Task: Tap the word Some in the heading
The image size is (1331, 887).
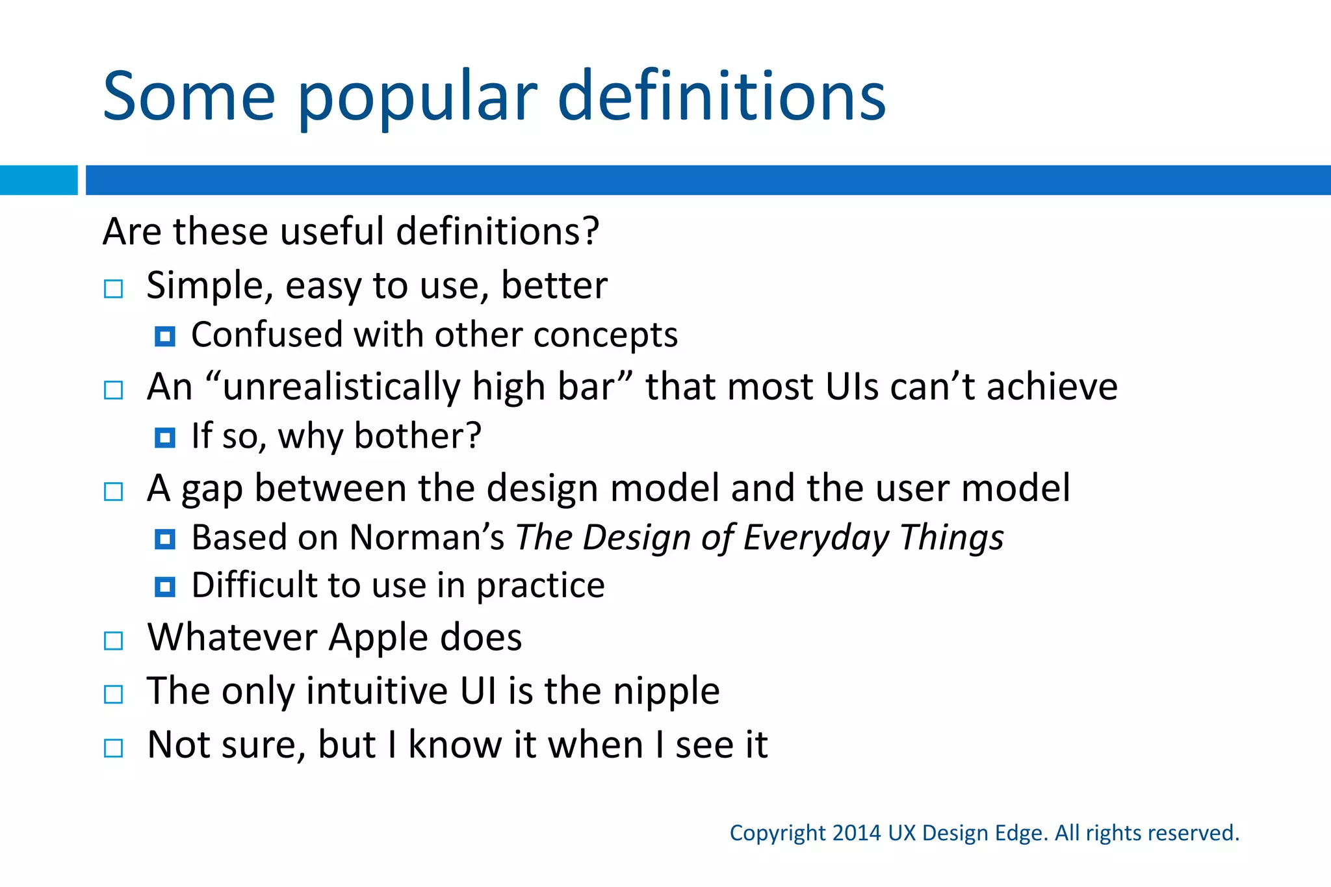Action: click(x=189, y=97)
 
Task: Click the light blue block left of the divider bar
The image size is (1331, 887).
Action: click(x=38, y=180)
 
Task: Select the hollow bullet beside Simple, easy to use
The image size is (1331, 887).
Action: click(x=114, y=289)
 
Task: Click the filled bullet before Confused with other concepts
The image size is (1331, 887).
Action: click(x=165, y=337)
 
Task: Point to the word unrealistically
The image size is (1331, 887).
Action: click(x=342, y=387)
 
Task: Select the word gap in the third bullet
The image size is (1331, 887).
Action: click(x=212, y=489)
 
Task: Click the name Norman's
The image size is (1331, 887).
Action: click(x=426, y=538)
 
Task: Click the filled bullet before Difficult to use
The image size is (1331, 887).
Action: click(x=165, y=587)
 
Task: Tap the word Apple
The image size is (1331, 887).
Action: click(x=378, y=637)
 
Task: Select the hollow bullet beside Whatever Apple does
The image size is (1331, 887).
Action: click(x=114, y=641)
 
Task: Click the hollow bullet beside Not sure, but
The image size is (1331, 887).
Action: click(x=114, y=748)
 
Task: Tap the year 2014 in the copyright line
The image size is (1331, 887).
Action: click(x=857, y=833)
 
